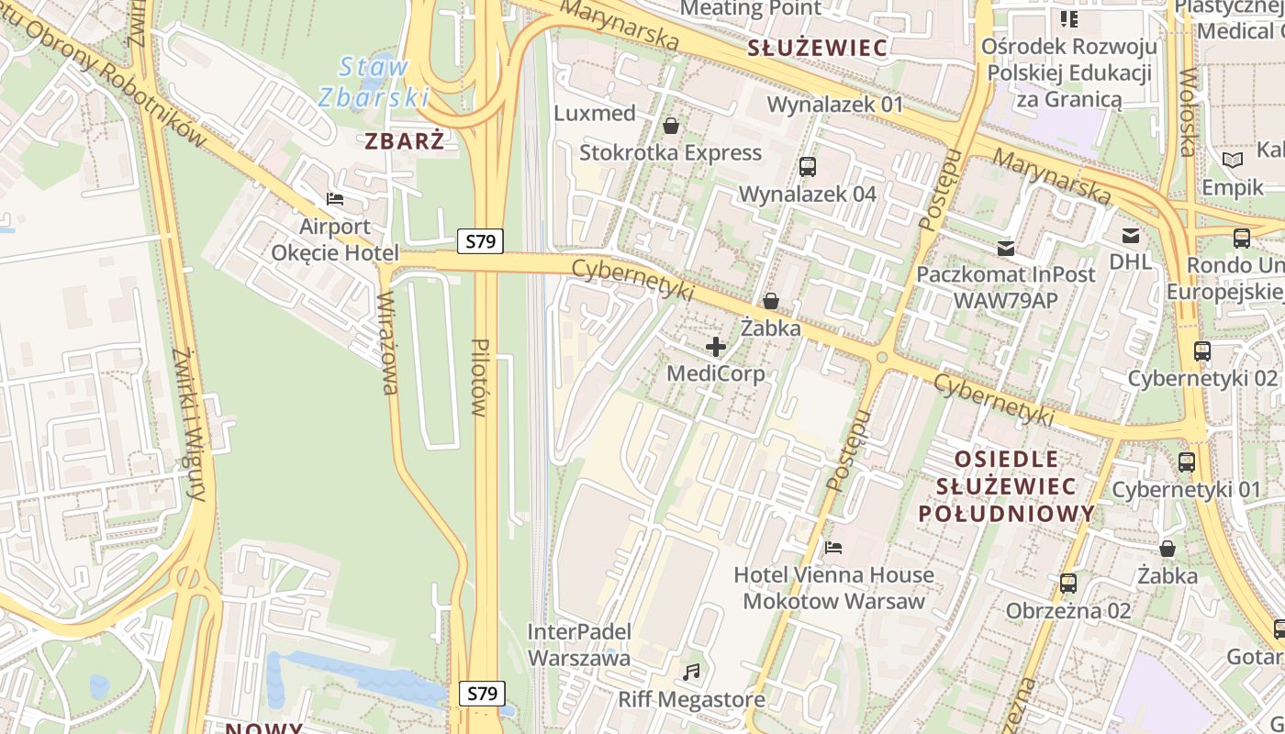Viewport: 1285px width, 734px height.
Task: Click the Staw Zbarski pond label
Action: (x=373, y=81)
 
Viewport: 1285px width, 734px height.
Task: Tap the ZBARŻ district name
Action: (x=405, y=140)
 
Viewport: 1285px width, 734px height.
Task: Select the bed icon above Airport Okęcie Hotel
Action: (x=335, y=199)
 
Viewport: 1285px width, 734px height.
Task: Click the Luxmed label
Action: (x=596, y=113)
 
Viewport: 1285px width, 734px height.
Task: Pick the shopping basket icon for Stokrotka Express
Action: (x=671, y=125)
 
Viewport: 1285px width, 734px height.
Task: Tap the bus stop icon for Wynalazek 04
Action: (x=808, y=167)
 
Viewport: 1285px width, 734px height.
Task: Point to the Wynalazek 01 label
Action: (x=835, y=104)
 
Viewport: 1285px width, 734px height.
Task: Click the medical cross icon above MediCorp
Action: (x=715, y=347)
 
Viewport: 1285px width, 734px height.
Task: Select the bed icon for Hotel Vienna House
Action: (x=833, y=548)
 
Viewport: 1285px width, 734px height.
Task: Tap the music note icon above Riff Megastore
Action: (x=691, y=673)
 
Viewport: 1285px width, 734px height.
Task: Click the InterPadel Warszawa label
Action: (x=579, y=645)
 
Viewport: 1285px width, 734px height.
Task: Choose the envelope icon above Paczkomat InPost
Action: (x=1006, y=248)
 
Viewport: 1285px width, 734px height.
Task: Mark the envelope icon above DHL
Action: (x=1130, y=236)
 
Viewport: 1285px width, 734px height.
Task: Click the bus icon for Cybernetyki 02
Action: (x=1202, y=350)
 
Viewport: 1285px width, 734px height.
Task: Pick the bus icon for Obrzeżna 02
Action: (x=1068, y=583)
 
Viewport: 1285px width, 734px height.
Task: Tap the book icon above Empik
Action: (x=1232, y=160)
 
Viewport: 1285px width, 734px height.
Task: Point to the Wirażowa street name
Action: (x=389, y=342)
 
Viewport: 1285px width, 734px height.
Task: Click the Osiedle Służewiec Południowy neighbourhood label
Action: (x=1007, y=485)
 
